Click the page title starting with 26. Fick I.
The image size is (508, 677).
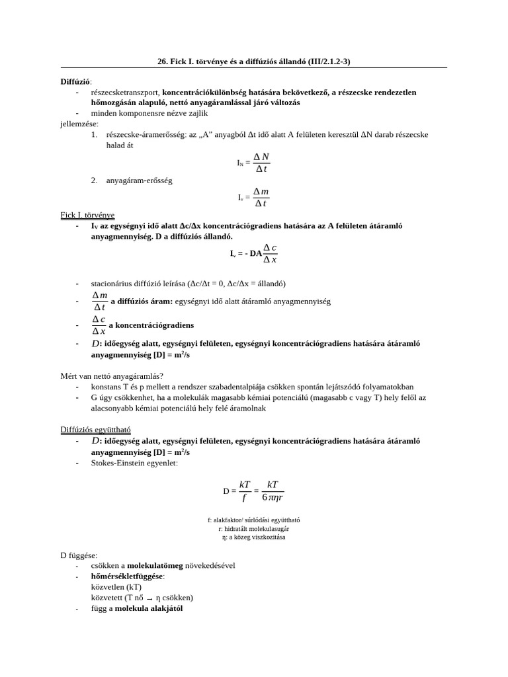point(254,61)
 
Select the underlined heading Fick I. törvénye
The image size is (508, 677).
point(87,215)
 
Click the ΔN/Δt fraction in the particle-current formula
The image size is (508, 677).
point(261,162)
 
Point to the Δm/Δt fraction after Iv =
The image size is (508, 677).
point(261,197)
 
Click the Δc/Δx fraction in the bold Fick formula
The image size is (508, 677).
point(270,253)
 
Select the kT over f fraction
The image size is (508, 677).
point(244,491)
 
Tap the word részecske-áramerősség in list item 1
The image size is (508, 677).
point(146,134)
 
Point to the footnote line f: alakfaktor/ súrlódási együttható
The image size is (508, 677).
point(254,520)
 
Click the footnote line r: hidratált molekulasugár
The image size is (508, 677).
point(254,529)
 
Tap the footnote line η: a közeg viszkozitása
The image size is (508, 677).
point(254,538)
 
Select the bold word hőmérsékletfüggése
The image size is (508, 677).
point(127,576)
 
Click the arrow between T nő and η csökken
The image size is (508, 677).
point(149,598)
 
